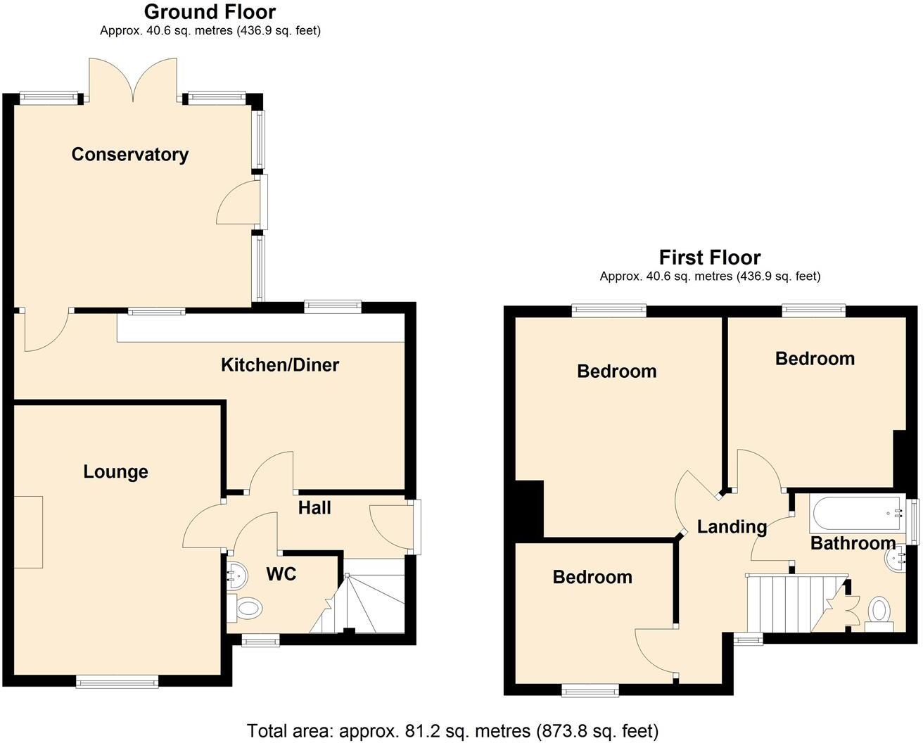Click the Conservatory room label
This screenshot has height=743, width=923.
[x=130, y=155]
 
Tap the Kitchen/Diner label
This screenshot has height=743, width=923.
[x=280, y=365]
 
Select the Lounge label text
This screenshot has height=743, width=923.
[x=115, y=471]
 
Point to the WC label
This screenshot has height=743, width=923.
[x=281, y=574]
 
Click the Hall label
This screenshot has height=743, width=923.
[x=314, y=508]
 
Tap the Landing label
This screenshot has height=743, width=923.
[x=732, y=526]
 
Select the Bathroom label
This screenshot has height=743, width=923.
[x=853, y=543]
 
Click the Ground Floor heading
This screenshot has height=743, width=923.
[x=210, y=12]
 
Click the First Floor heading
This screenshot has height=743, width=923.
[x=709, y=258]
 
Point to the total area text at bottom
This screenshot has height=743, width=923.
[x=452, y=731]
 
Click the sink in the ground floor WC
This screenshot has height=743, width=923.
[x=236, y=576]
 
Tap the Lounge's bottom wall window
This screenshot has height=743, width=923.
[x=117, y=681]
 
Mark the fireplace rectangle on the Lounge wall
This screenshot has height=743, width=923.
[x=28, y=531]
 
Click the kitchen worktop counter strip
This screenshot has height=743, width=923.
[x=260, y=328]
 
